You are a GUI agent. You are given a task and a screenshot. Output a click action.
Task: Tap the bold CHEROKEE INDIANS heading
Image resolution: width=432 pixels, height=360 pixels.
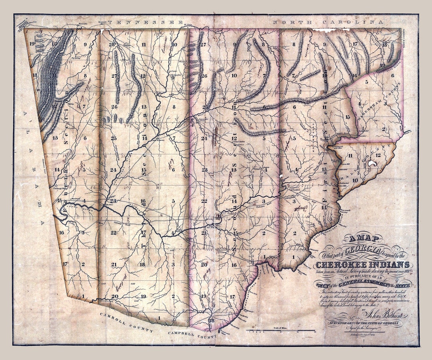[362, 264]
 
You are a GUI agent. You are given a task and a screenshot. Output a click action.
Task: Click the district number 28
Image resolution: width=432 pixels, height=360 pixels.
[112, 44]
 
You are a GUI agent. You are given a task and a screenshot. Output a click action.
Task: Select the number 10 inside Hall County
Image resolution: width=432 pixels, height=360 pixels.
[355, 180]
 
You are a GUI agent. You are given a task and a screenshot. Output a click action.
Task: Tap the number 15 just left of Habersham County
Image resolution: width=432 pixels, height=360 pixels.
[348, 117]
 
